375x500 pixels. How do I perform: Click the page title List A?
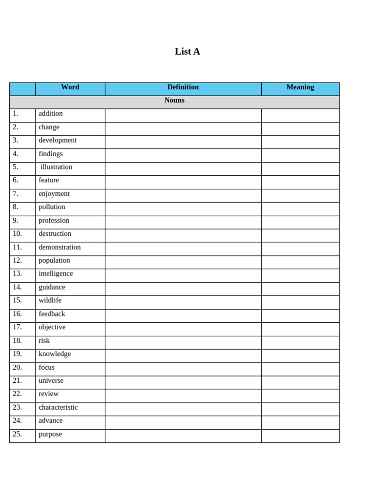[x=187, y=51]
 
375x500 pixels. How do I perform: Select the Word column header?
[x=70, y=87]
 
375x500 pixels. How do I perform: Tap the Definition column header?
[x=183, y=87]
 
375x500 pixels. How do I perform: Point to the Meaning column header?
[x=300, y=87]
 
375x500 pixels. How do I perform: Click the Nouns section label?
[x=174, y=101]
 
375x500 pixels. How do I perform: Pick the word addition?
[x=51, y=114]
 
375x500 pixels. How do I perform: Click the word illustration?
[x=56, y=167]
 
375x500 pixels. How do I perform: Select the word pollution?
[x=52, y=207]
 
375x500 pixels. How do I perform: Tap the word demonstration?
[x=60, y=247]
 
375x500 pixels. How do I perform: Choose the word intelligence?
[x=56, y=274]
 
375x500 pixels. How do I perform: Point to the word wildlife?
[x=50, y=300]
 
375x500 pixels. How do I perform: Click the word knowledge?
[x=55, y=354]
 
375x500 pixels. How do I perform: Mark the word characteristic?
[x=58, y=407]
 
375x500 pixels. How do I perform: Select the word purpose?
[x=50, y=434]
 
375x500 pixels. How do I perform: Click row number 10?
[x=18, y=234]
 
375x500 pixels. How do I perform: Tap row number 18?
[x=18, y=341]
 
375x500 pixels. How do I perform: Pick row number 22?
[x=18, y=394]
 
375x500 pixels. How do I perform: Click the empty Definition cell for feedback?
[x=183, y=314]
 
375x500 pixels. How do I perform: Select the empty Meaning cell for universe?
[x=300, y=381]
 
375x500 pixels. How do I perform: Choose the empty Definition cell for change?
[x=183, y=127]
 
